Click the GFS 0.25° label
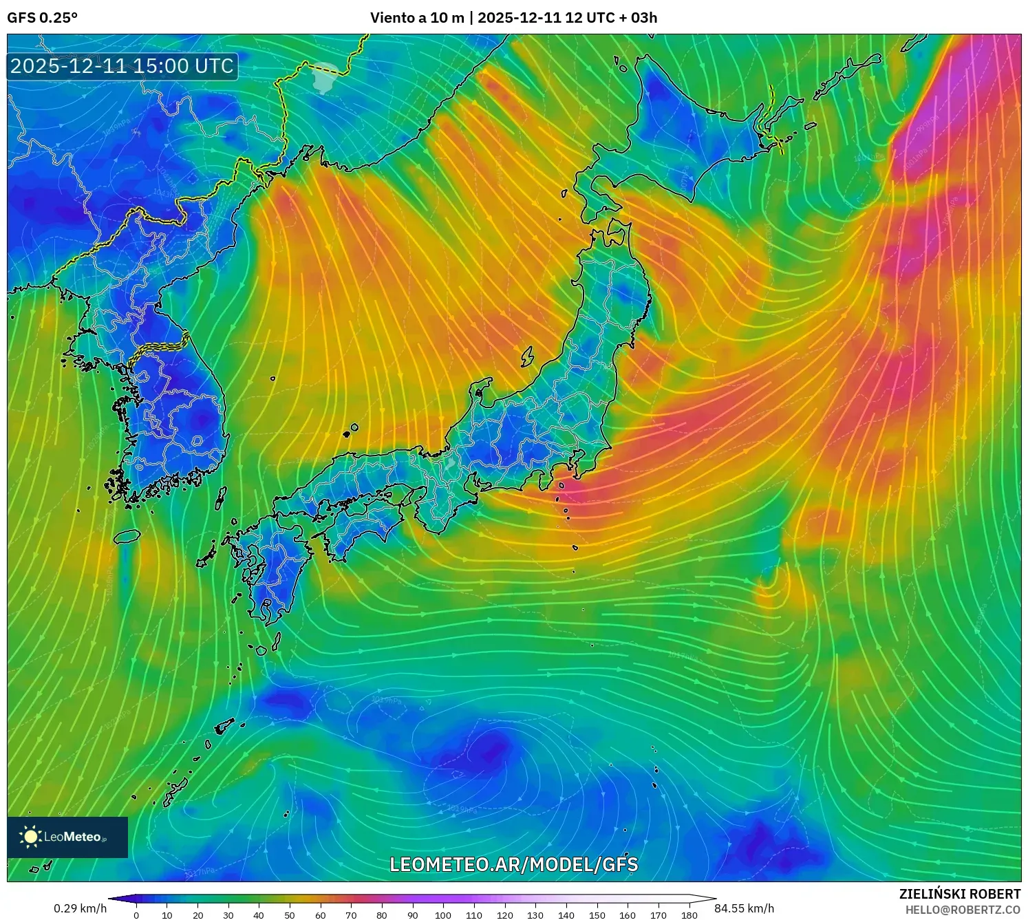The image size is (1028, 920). (42, 18)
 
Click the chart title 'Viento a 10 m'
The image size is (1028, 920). (417, 18)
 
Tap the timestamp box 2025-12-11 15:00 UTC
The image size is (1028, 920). (122, 66)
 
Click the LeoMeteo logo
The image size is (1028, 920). (67, 837)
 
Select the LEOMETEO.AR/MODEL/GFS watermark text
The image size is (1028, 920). (513, 864)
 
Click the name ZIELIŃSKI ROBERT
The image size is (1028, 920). (959, 894)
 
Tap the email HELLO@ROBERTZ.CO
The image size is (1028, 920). (962, 910)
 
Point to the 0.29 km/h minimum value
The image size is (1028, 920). (80, 908)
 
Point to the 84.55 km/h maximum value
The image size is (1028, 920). (744, 908)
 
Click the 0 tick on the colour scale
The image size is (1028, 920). (136, 915)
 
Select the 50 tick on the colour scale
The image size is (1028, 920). (290, 915)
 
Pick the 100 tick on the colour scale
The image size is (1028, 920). (443, 915)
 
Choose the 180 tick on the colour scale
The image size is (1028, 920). (689, 915)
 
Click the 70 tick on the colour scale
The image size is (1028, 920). (351, 915)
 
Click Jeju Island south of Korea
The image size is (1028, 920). (127, 535)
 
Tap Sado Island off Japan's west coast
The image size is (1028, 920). (527, 356)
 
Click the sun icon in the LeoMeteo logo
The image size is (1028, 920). (31, 837)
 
